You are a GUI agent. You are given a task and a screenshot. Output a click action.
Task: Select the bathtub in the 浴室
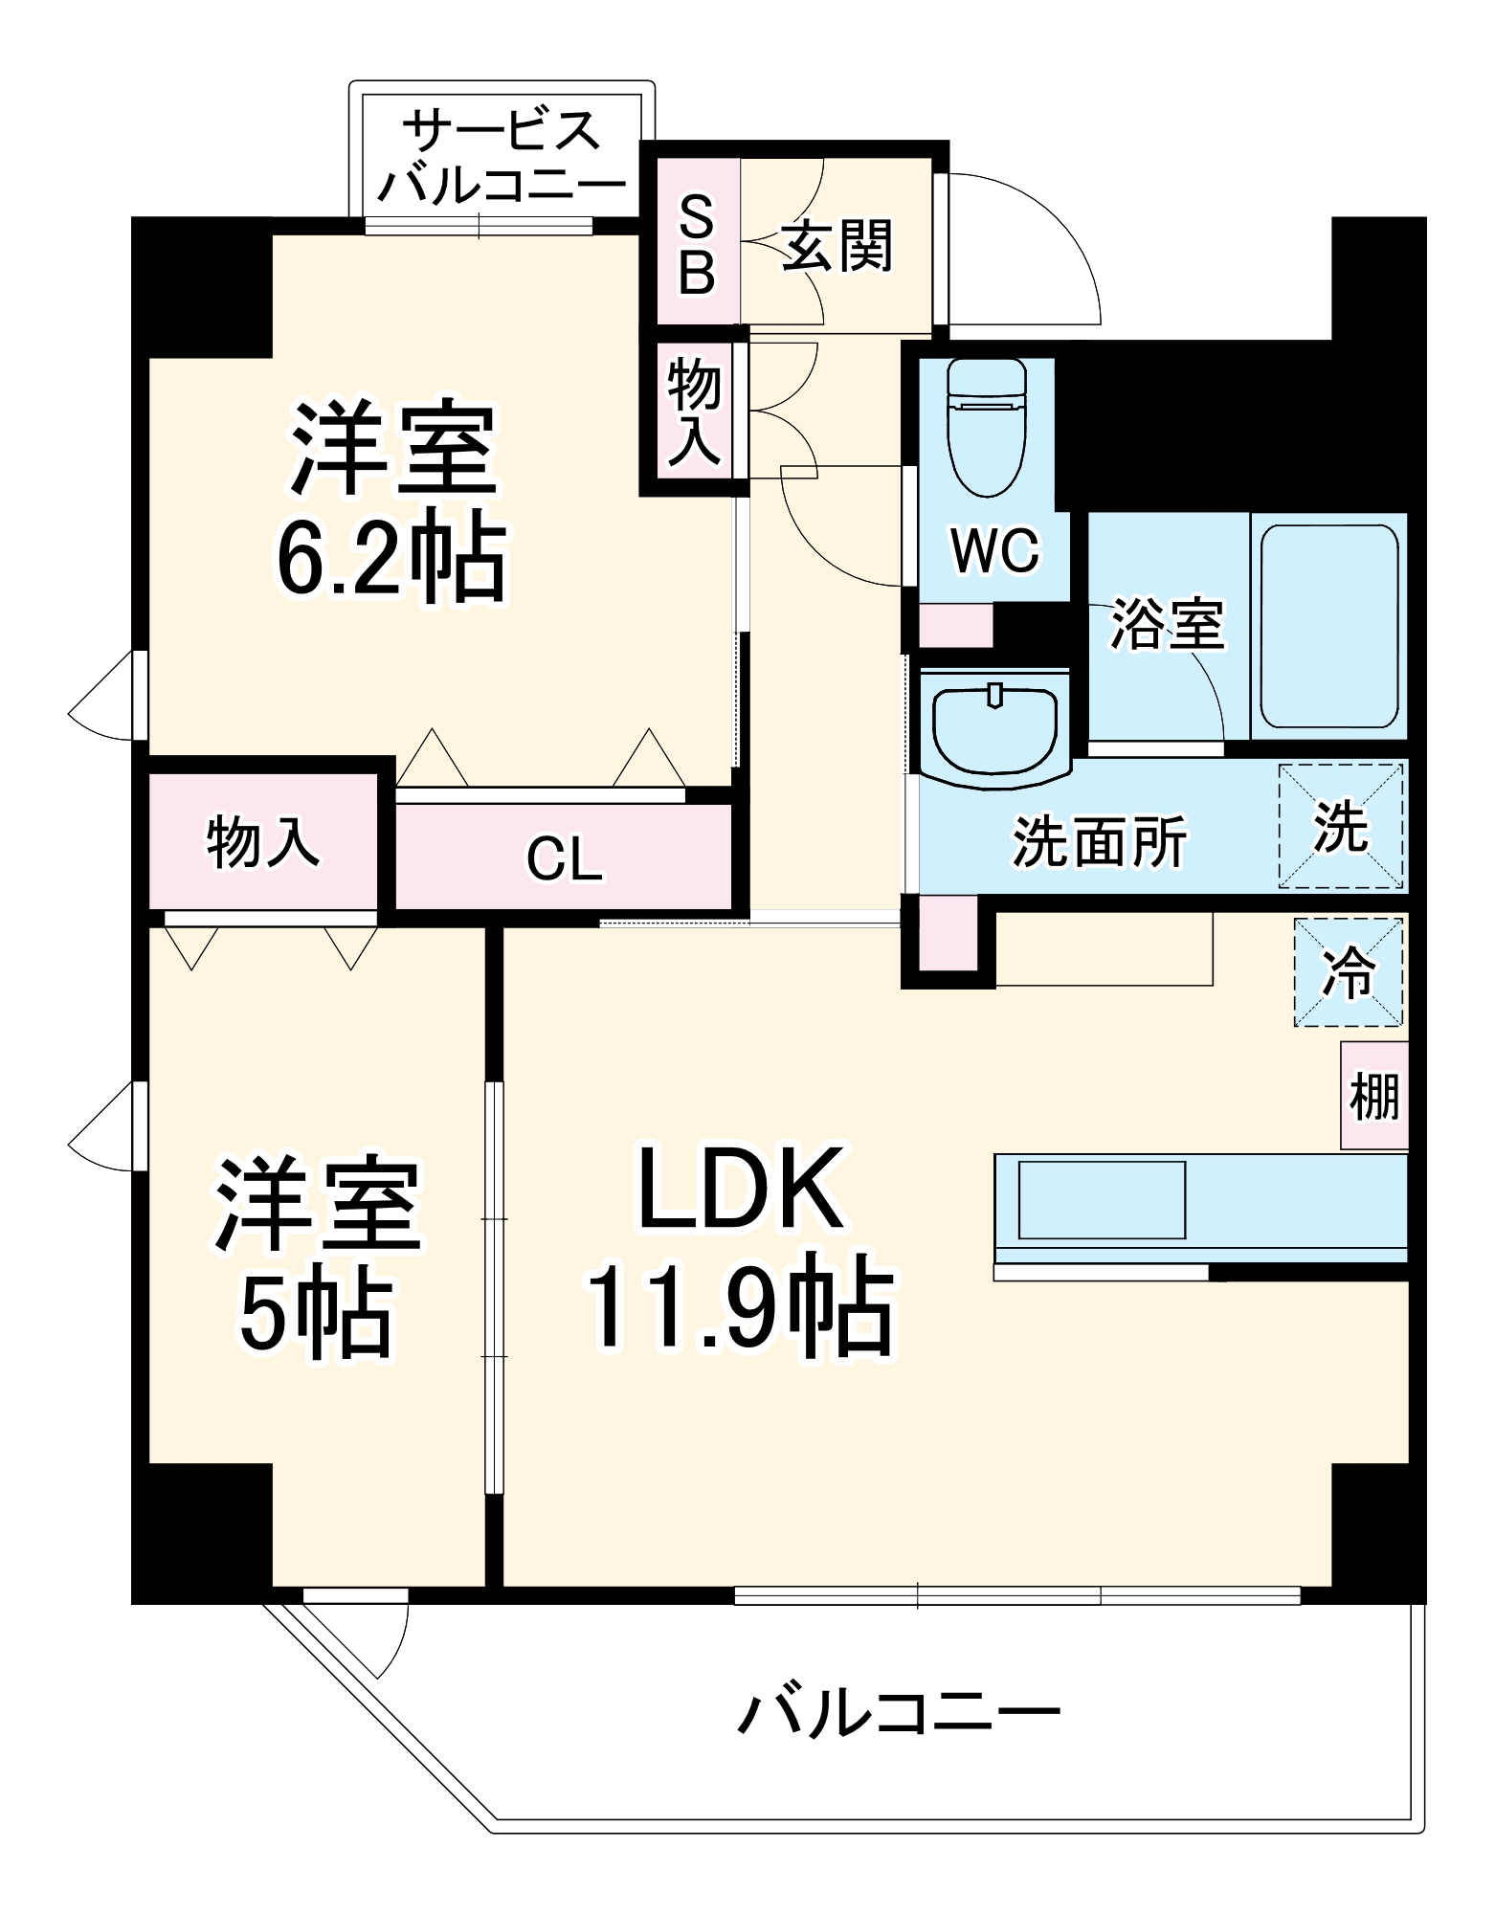click(1328, 627)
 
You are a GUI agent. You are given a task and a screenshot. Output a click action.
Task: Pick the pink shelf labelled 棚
click(1374, 1096)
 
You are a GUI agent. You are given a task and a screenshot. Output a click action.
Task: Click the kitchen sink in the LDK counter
click(1102, 1200)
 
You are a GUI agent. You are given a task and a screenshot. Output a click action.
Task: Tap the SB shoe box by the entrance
click(698, 244)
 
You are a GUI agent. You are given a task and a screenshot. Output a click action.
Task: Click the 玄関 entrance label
click(837, 246)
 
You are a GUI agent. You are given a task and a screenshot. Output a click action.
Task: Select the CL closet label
click(565, 858)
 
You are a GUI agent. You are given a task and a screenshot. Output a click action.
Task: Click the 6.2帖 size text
click(391, 559)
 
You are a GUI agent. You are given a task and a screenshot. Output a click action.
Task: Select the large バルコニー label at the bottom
click(899, 1712)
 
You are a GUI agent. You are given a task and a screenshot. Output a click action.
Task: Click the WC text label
click(994, 550)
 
